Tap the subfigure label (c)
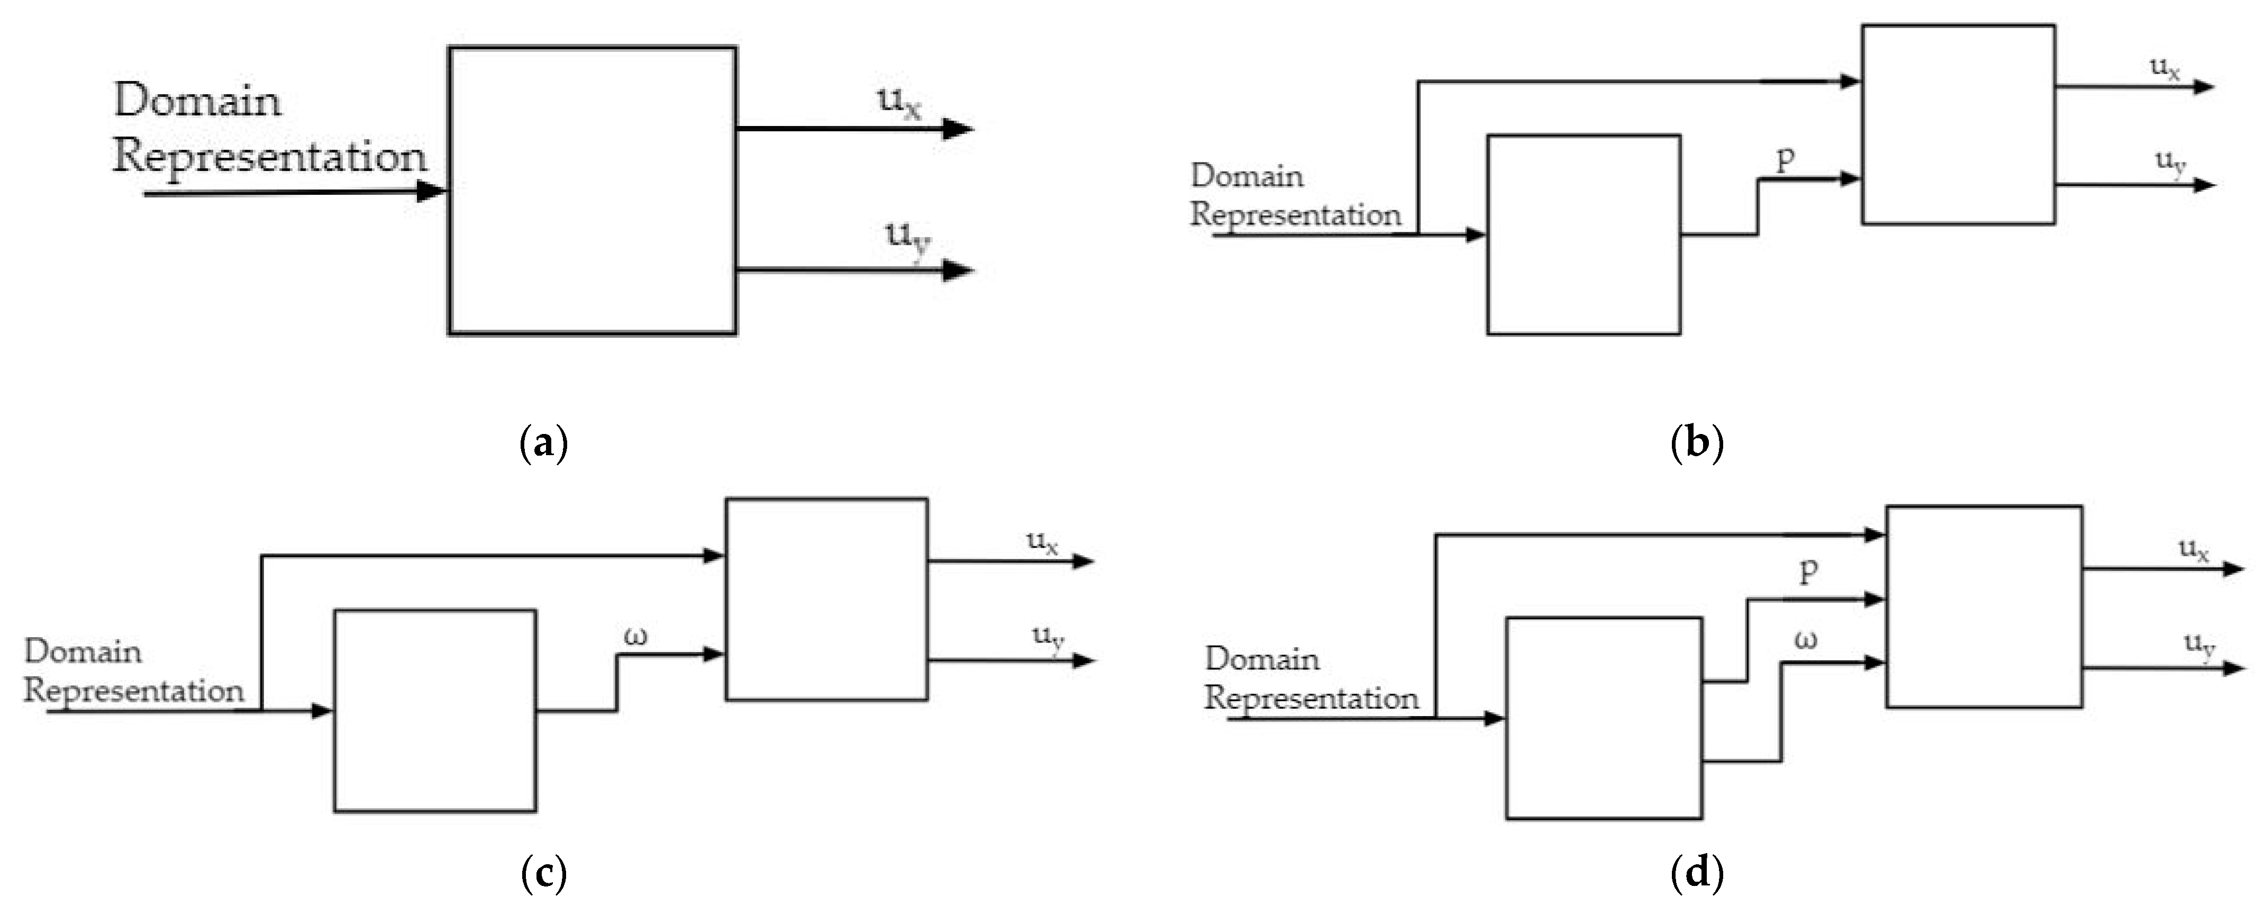544,874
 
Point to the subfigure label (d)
1696,874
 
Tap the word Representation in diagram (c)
134,691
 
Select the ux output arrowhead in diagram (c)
1083,561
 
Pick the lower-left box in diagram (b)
1584,235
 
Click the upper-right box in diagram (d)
1983,607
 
